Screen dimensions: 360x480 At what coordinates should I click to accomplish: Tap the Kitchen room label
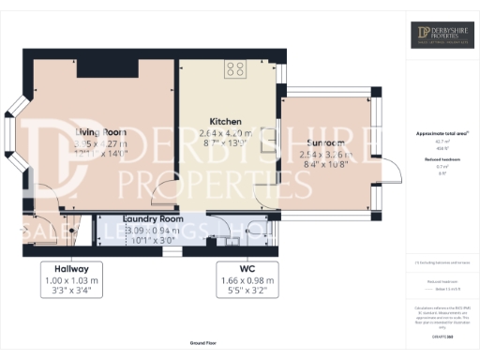click(x=226, y=122)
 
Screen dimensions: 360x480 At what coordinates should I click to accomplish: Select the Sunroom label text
click(x=323, y=142)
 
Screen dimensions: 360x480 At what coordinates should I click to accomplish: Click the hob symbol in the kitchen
click(x=234, y=67)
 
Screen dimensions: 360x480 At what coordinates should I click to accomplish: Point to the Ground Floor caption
click(x=203, y=344)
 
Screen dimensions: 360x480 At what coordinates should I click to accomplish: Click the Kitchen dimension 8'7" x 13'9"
click(x=226, y=144)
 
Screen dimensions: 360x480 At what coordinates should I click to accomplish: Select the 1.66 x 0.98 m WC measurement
click(x=247, y=278)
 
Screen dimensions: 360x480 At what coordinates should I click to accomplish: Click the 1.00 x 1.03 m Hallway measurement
click(x=71, y=278)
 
